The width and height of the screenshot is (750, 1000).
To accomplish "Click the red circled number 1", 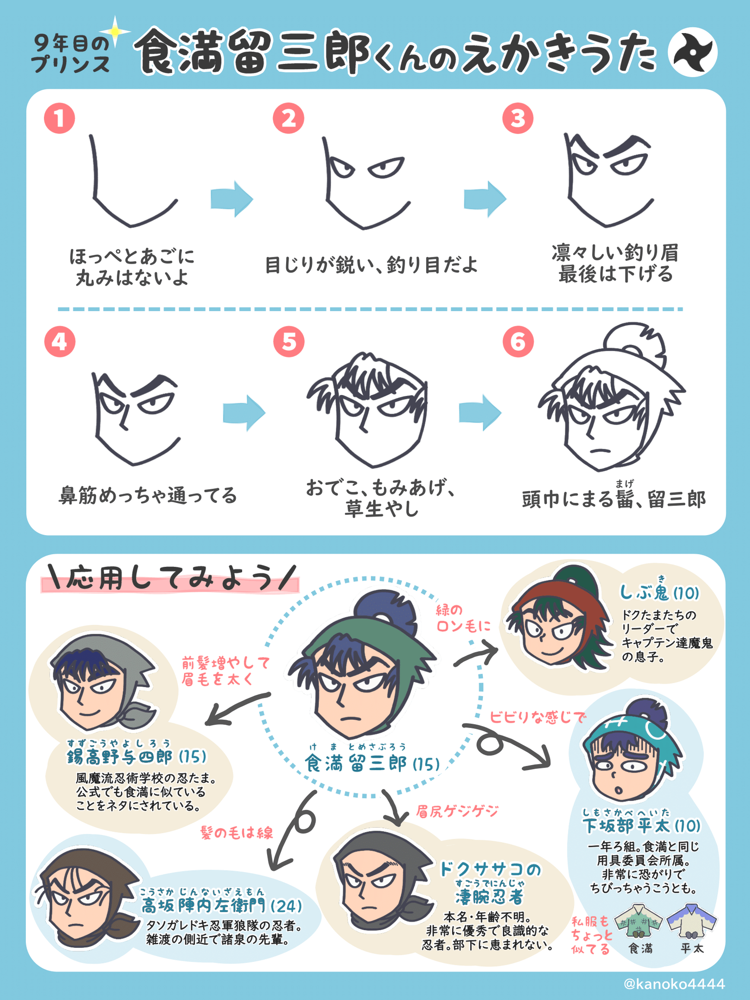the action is [59, 119].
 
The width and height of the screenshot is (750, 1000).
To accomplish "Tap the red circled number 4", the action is [59, 341].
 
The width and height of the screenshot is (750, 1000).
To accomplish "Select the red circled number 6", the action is [518, 341].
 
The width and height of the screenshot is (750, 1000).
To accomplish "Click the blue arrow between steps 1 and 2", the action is [231, 199].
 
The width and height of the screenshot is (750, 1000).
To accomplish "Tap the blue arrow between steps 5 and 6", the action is [479, 413].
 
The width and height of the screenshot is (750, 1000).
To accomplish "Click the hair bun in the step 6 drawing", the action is [635, 342].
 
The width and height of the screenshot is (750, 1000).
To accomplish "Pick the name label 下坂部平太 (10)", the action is [642, 826].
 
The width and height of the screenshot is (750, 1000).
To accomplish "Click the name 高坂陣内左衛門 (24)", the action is [221, 906].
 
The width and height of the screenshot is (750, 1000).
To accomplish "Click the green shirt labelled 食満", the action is [640, 921].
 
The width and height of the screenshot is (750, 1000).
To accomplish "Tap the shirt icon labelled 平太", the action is [692, 921].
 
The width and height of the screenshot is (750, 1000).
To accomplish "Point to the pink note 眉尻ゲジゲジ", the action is [457, 812].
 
